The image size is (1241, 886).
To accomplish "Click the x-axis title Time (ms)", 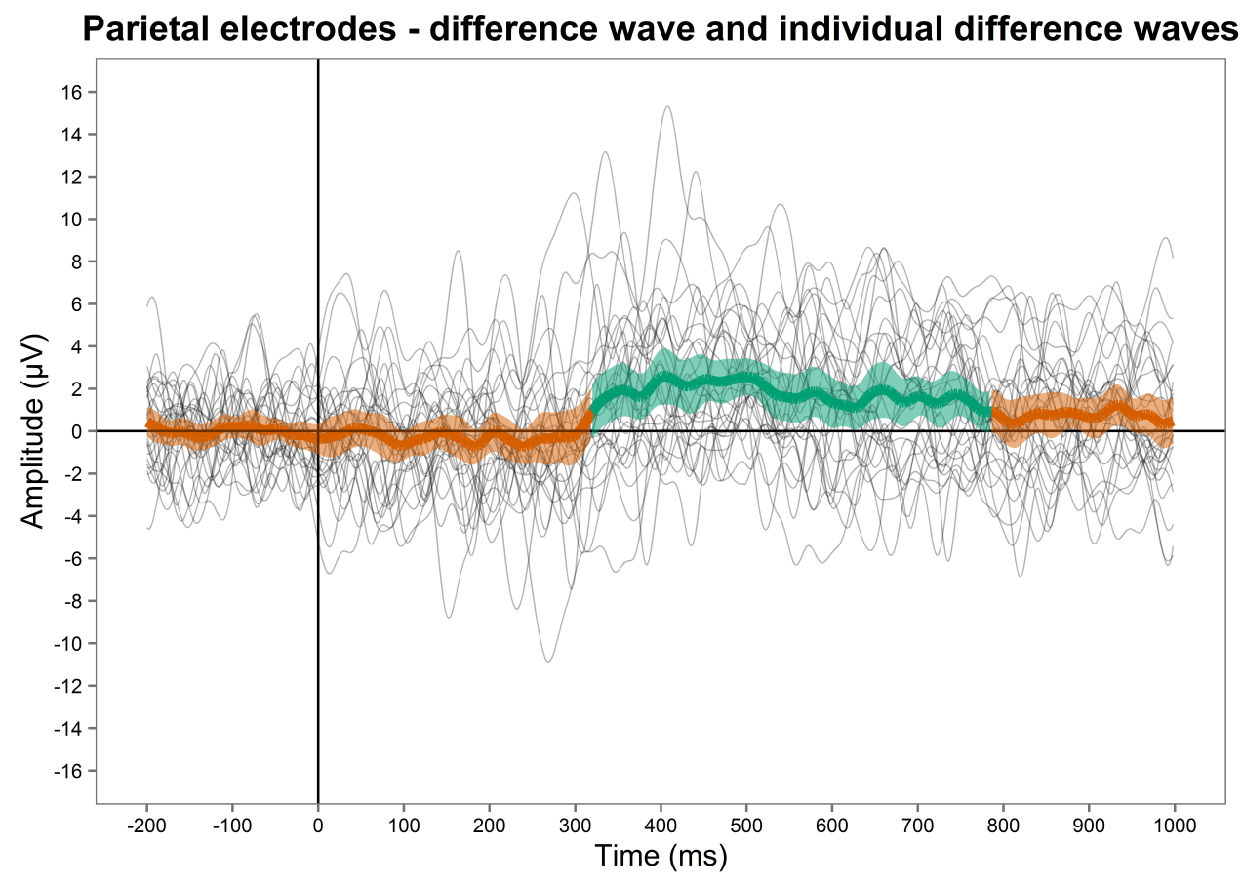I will coord(661,856).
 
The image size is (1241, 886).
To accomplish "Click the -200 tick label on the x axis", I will coord(146,825).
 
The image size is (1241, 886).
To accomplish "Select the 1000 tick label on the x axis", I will coord(1174,825).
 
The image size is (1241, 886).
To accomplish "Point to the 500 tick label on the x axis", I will coord(745,825).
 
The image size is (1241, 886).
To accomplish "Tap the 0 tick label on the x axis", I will coord(318,825).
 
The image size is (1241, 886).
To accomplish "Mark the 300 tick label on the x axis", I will coord(575,825).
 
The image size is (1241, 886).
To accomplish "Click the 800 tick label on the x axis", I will coord(1003,825).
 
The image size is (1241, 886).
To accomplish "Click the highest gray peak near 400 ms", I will coord(667,106).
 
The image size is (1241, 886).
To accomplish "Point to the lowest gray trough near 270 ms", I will coord(548,662).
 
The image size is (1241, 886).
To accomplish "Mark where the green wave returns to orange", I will coord(991,413).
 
